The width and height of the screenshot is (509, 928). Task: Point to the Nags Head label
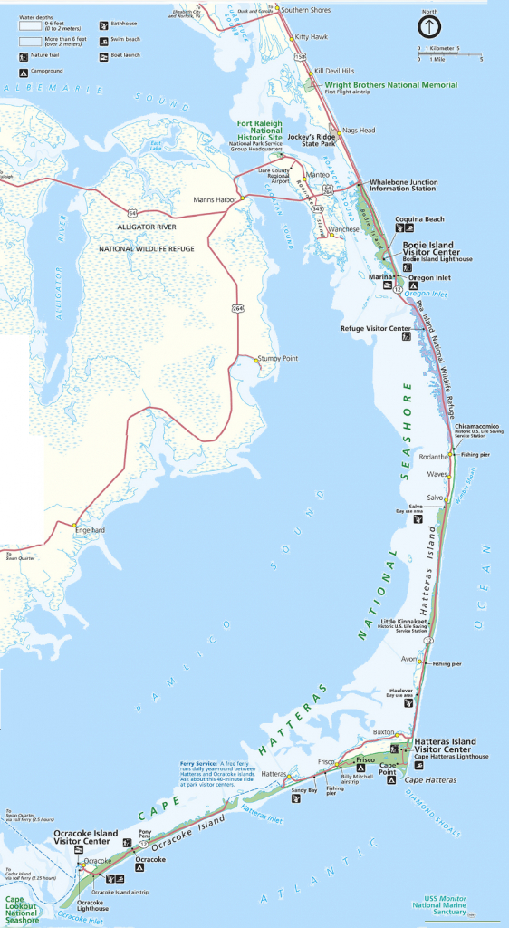pos(360,130)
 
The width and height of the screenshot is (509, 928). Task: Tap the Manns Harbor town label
pos(215,198)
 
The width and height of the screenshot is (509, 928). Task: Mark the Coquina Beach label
pos(419,219)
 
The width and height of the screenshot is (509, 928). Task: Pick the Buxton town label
pos(384,731)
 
